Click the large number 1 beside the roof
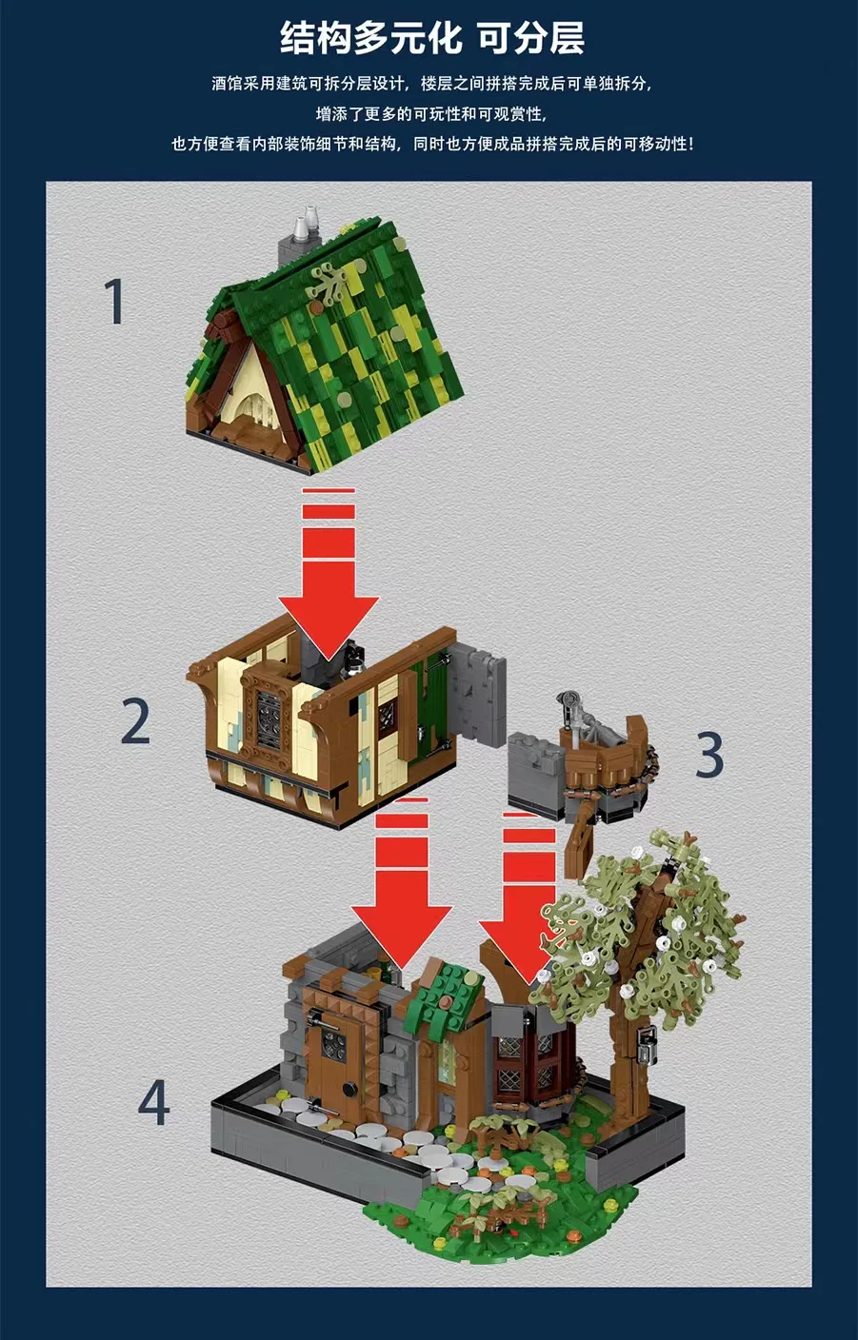[113, 302]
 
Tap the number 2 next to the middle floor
[135, 722]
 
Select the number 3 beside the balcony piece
[709, 756]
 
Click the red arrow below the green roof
[329, 574]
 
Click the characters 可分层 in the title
[530, 38]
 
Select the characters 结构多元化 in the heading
[371, 38]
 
